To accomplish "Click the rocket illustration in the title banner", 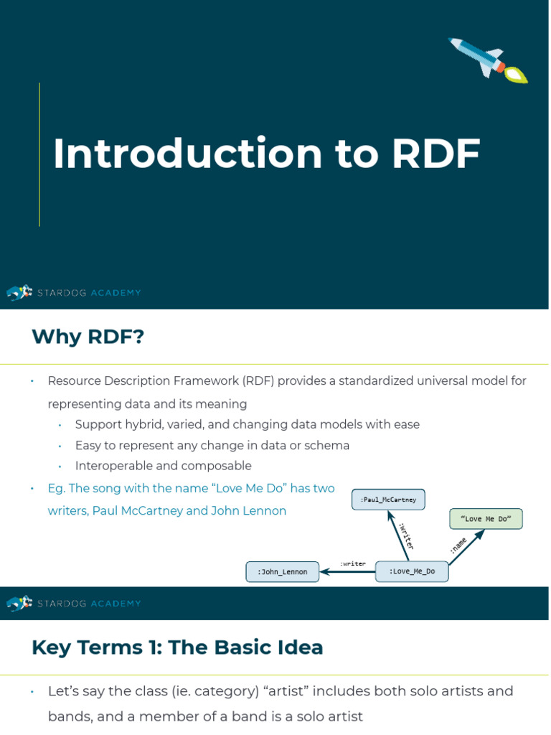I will (488, 60).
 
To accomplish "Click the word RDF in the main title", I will (435, 154).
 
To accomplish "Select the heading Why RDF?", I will (88, 337).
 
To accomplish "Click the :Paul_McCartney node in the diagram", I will (388, 500).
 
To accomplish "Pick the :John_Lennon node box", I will (283, 572).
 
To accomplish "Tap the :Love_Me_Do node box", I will (412, 571).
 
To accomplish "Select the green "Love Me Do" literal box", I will (486, 519).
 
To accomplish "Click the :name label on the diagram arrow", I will (458, 545).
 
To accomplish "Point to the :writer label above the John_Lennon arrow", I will (353, 563).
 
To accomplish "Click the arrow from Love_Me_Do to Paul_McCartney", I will (398, 535).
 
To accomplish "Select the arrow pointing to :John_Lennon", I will (348, 572).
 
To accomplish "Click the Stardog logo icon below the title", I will (19, 292).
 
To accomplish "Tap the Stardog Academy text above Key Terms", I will (90, 604).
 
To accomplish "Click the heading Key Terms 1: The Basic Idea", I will (177, 647).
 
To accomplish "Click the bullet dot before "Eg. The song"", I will (32, 489).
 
